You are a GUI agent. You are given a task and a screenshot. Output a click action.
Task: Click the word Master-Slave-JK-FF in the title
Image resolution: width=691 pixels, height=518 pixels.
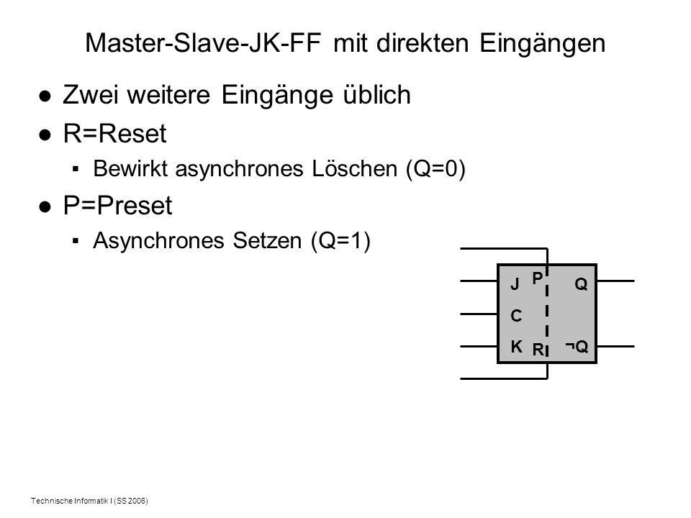(202, 43)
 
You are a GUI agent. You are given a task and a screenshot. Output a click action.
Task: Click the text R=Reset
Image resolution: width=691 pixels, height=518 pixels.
(114, 133)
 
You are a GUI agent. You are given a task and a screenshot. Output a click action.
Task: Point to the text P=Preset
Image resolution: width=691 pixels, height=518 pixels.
(117, 205)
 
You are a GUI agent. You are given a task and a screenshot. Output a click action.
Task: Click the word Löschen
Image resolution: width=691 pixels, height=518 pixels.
(354, 168)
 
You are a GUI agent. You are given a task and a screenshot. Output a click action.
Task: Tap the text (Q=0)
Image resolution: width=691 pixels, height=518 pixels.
(435, 169)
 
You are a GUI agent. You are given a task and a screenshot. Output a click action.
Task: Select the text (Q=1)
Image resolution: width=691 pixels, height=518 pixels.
(340, 241)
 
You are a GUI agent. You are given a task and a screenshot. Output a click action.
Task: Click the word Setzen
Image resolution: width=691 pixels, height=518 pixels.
(267, 240)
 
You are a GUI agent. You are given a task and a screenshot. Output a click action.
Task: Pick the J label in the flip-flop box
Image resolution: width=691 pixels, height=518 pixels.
(514, 284)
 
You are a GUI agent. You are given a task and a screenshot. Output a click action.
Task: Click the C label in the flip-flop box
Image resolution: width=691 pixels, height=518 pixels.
(516, 316)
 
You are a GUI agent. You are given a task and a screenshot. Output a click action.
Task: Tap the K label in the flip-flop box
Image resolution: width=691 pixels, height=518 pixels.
(517, 347)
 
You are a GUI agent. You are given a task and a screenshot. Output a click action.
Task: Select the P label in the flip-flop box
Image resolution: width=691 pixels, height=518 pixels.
(537, 278)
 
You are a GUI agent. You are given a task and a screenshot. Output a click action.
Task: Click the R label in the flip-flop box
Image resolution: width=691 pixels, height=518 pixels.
(538, 350)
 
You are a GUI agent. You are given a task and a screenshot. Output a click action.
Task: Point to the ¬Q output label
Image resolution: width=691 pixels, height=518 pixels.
(577, 347)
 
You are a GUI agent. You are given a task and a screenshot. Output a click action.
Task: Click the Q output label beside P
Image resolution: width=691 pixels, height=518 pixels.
(582, 284)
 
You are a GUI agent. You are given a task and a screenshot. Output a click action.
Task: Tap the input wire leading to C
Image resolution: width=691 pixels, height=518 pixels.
(479, 314)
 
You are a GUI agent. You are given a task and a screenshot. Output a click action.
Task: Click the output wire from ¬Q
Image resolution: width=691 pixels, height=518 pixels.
(615, 346)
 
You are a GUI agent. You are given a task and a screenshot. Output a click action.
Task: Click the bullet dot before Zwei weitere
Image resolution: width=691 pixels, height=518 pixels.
(45, 96)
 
